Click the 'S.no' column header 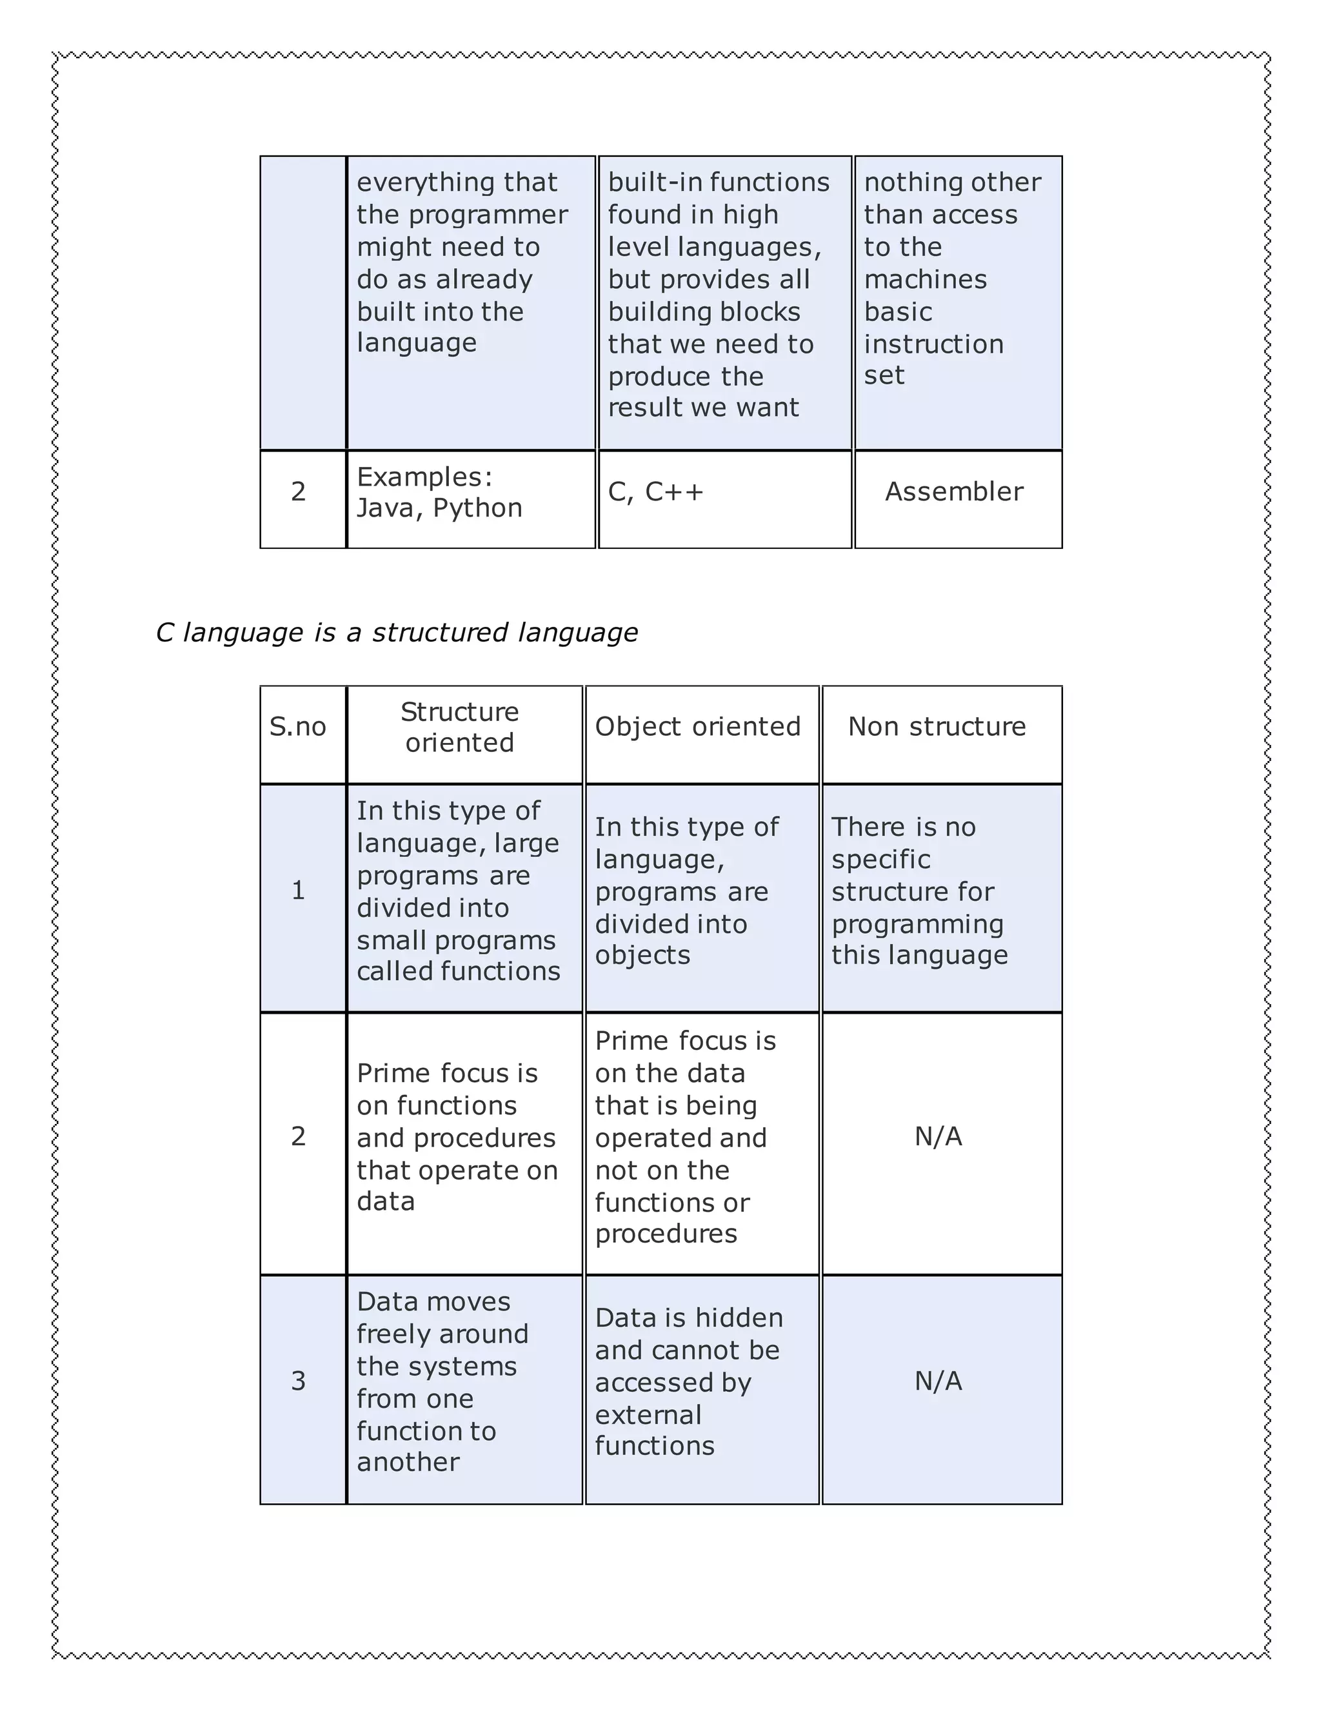coord(297,727)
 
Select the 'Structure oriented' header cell coord(459,727)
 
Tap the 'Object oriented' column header coord(697,727)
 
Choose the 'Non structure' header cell coord(937,727)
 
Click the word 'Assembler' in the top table coord(954,491)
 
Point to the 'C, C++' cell coord(656,491)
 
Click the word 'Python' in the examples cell coord(477,509)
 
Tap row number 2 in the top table coord(298,491)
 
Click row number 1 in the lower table coord(298,891)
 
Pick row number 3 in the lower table coord(298,1381)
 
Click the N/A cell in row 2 coord(939,1136)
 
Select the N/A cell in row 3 coord(939,1381)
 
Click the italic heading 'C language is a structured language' coord(397,632)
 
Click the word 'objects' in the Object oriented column coord(642,956)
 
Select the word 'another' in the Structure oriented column coord(408,1462)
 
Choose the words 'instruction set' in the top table coord(933,359)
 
